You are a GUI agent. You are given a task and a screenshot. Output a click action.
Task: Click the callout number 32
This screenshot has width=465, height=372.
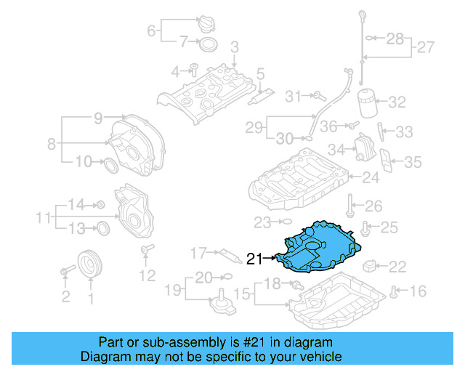(x=397, y=102)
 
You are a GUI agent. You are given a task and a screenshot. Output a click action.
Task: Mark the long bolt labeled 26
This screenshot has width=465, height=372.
(x=350, y=206)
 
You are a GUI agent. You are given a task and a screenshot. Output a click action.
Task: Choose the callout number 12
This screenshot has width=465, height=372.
(x=147, y=276)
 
